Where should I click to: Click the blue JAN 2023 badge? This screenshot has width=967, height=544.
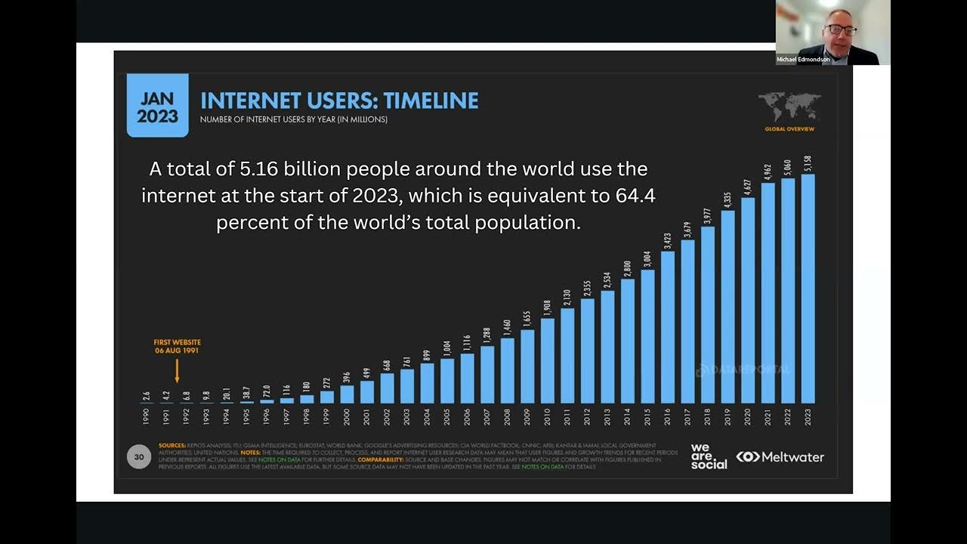pyautogui.click(x=157, y=105)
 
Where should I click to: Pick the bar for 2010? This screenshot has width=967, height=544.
pyautogui.click(x=548, y=360)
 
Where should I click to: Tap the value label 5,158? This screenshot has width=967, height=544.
pyautogui.click(x=808, y=164)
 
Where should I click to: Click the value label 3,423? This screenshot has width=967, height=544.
pyautogui.click(x=668, y=241)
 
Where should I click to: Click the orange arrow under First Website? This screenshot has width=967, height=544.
pyautogui.click(x=177, y=370)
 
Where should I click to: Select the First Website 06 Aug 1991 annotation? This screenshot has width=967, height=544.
pyautogui.click(x=177, y=347)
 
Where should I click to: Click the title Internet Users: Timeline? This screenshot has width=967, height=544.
pyautogui.click(x=339, y=100)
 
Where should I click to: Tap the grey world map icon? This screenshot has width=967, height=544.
pyautogui.click(x=789, y=107)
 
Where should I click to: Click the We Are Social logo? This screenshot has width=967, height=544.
pyautogui.click(x=709, y=456)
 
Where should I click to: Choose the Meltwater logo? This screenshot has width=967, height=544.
pyautogui.click(x=780, y=457)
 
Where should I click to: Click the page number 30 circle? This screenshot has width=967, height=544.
pyautogui.click(x=139, y=456)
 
